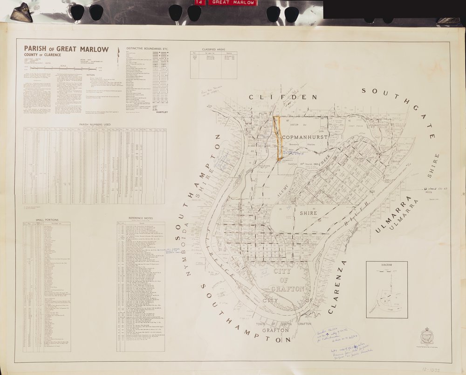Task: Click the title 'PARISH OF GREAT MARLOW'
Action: [x=66, y=49]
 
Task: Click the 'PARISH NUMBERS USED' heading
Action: [x=95, y=124]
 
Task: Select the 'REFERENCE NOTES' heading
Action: [x=140, y=218]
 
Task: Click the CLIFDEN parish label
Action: [x=276, y=97]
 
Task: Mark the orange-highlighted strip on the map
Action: [x=279, y=138]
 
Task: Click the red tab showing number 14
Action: [x=199, y=2]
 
